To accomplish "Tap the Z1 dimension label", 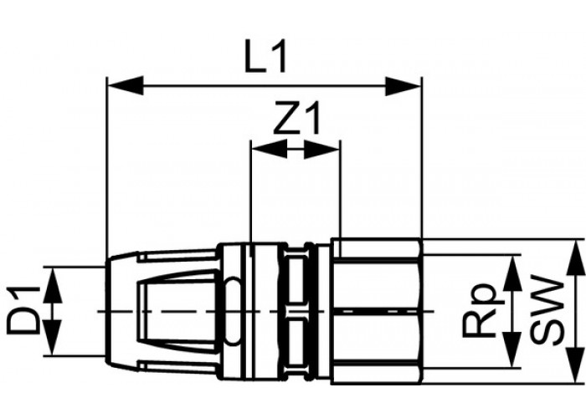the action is [296, 120].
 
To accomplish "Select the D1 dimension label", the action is [23, 309].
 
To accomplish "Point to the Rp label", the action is [481, 310].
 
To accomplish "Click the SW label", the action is [547, 310].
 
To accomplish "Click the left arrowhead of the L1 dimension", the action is [126, 85].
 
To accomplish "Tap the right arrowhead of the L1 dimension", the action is [403, 85].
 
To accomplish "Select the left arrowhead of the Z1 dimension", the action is [270, 149].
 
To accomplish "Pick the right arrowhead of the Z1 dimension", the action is [321, 149].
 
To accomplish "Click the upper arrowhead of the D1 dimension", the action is [52, 285].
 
